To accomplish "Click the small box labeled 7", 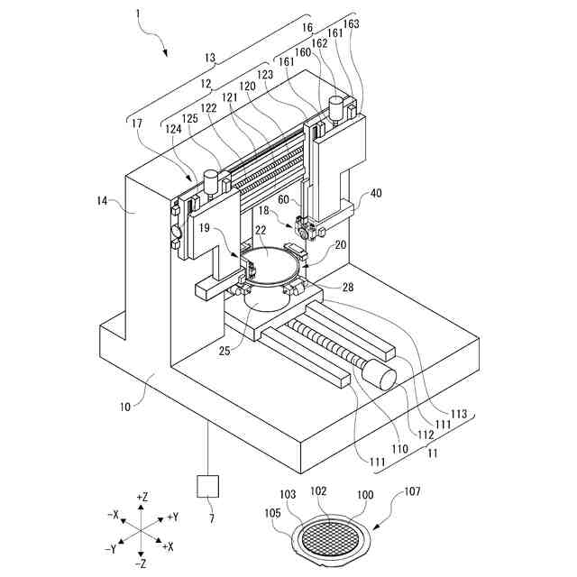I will pyautogui.click(x=209, y=486).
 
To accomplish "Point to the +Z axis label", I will pyautogui.click(x=142, y=497).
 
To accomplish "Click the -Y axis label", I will pyautogui.click(x=109, y=549).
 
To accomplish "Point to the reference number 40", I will pyautogui.click(x=376, y=192).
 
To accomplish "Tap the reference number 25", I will pyautogui.click(x=224, y=349).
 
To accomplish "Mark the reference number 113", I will pyautogui.click(x=460, y=414).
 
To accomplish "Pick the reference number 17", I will pyautogui.click(x=134, y=123).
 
